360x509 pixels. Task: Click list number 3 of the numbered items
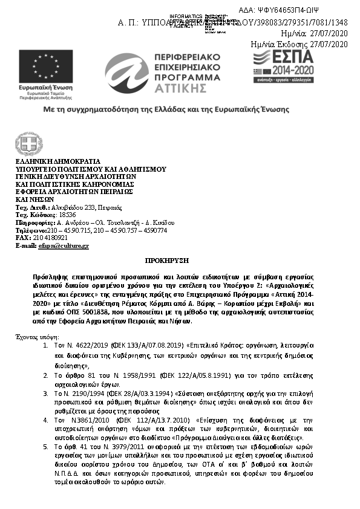pos(47,393)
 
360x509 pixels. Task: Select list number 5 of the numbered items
pos(47,446)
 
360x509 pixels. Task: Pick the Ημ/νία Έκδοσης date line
pos(299,44)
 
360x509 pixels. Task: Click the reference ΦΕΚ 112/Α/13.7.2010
pos(123,420)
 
